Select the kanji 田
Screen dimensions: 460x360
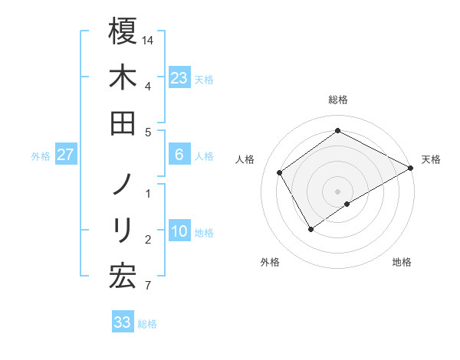point(123,123)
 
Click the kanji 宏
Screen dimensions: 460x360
point(123,276)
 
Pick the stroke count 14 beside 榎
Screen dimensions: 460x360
point(149,40)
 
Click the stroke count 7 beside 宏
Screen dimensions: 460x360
point(148,286)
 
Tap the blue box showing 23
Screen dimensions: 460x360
point(179,77)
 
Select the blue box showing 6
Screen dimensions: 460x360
point(179,155)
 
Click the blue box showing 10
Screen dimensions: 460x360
point(179,231)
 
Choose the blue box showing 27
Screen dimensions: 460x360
point(66,155)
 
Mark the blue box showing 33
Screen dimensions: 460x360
point(123,322)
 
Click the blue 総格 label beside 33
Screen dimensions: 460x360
point(147,324)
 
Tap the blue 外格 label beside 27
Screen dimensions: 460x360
point(41,156)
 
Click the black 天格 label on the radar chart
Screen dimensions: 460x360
point(431,159)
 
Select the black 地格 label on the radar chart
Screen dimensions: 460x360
point(402,262)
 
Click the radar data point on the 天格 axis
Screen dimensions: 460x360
point(411,168)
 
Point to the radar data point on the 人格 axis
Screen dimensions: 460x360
point(280,172)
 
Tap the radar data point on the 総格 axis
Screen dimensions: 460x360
point(337,131)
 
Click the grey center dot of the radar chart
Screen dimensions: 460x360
point(337,191)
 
